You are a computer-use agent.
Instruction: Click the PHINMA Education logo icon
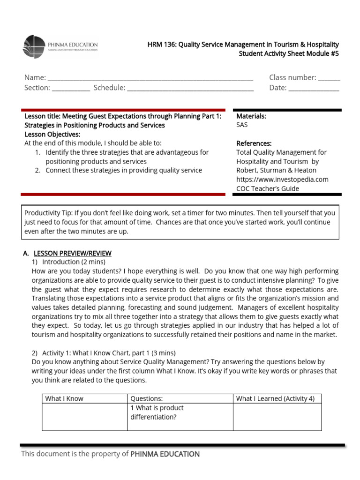click(x=34, y=46)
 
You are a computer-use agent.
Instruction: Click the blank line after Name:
click(x=150, y=78)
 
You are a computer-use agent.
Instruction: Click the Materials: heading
click(x=251, y=116)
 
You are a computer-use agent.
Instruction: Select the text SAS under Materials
click(x=242, y=125)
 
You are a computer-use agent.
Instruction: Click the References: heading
click(x=254, y=143)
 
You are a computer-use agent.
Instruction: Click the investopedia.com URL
click(x=282, y=180)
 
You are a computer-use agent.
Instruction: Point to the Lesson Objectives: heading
click(x=52, y=135)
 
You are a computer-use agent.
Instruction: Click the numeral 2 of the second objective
click(x=37, y=171)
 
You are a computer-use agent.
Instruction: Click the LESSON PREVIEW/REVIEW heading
click(x=72, y=254)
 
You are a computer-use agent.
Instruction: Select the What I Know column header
click(x=64, y=399)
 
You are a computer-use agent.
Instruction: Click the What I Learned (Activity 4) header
click(x=275, y=399)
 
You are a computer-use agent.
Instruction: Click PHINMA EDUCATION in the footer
click(x=165, y=454)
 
